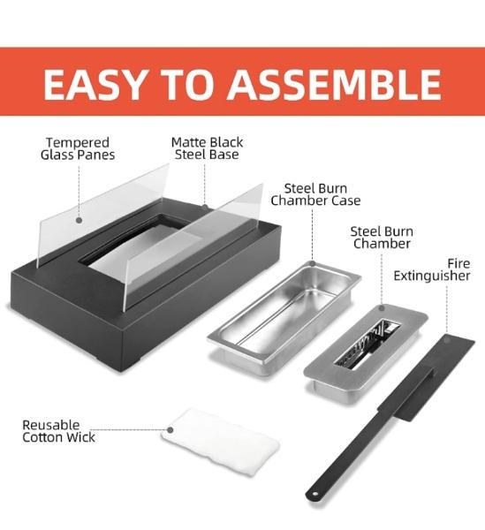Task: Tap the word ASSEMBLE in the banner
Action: (334, 84)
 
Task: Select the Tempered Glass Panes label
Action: (78, 148)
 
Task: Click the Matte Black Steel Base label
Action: (208, 148)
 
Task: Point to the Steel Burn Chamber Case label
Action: (315, 194)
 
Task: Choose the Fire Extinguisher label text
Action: (432, 269)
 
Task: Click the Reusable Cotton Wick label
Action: (59, 431)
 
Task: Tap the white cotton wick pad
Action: (220, 442)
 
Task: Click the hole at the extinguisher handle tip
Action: (315, 494)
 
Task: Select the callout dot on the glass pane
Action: (79, 220)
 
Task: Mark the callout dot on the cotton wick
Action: (171, 430)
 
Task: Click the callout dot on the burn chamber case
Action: (313, 263)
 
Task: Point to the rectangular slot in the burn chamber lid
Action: (367, 344)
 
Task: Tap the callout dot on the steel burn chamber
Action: (382, 308)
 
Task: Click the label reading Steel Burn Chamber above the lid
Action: (382, 238)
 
